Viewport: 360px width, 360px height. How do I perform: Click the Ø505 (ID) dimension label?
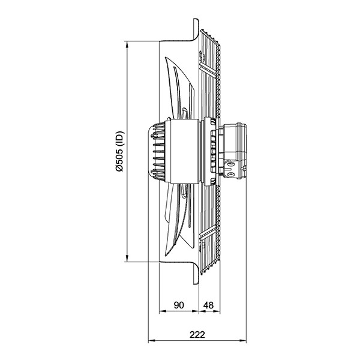tap(119, 151)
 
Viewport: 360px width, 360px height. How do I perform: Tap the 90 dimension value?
tap(179, 305)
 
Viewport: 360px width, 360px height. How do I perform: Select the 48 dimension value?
tap(208, 305)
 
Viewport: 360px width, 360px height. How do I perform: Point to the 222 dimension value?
tap(197, 335)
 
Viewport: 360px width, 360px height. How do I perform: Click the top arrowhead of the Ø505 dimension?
tap(127, 44)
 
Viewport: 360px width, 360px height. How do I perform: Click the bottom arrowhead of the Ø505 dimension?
tap(127, 258)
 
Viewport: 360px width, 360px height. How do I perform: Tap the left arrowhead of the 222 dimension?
tap(152, 341)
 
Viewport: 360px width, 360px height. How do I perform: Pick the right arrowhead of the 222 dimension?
tap(243, 341)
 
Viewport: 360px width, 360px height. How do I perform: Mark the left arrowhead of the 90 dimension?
tap(163, 311)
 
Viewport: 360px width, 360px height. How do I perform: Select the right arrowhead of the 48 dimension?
tap(217, 311)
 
